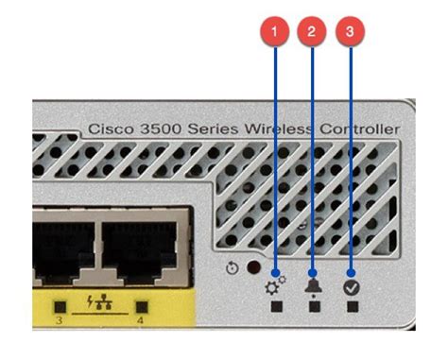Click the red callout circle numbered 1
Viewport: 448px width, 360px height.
pos(274,31)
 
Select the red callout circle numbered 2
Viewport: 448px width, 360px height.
pos(312,31)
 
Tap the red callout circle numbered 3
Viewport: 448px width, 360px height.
pos(351,31)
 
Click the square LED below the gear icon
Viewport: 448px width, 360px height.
pos(275,306)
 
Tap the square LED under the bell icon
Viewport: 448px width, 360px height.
pos(313,306)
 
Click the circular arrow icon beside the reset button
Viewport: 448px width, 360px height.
pos(233,268)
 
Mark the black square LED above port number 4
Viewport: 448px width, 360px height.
pos(144,307)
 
